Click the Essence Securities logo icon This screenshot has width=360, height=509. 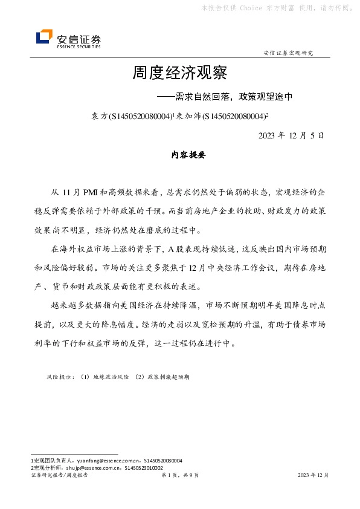click(44, 37)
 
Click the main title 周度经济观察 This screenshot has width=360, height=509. click(179, 74)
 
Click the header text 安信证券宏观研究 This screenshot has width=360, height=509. click(289, 53)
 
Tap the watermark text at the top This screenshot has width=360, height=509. click(275, 8)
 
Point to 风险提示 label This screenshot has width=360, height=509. click(60, 376)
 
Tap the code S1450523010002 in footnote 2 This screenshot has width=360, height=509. click(143, 468)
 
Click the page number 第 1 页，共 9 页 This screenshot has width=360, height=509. click(180, 476)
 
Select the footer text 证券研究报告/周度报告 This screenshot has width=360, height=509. click(59, 476)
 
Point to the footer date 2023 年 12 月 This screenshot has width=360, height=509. click(313, 476)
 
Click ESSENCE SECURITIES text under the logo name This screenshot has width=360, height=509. click(79, 46)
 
